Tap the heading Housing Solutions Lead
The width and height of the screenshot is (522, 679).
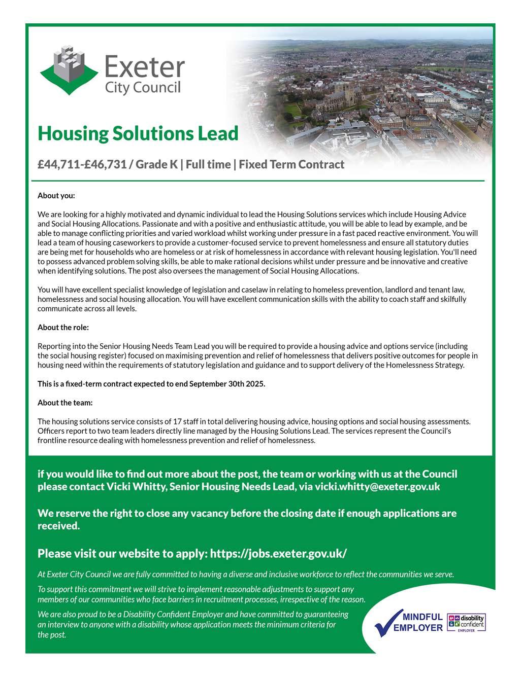coord(138,133)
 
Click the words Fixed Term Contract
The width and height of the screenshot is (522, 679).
coord(291,164)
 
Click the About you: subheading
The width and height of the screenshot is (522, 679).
coord(56,195)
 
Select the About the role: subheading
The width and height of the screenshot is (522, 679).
coord(63,327)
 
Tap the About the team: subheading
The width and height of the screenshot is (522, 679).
coord(65,403)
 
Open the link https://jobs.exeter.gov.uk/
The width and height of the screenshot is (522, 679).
coord(278,553)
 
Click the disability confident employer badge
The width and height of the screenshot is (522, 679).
coord(467,623)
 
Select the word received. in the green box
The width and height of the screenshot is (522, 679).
coord(59,526)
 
